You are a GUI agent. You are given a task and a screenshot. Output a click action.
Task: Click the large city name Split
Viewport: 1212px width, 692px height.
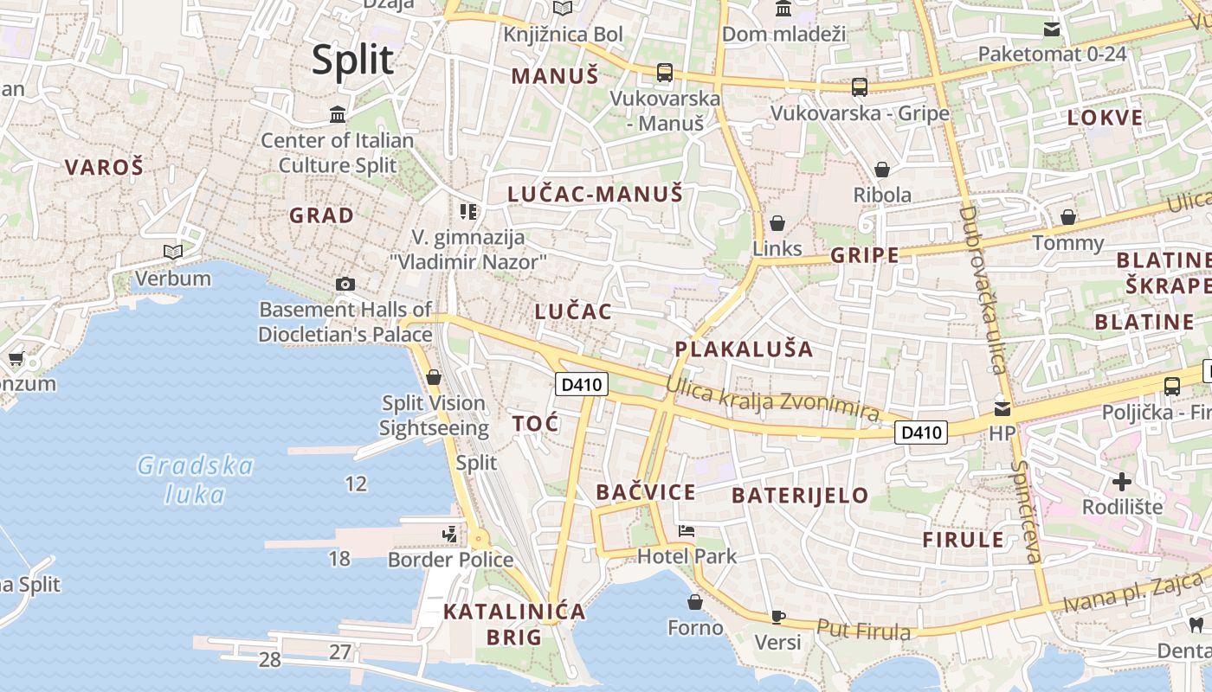352,61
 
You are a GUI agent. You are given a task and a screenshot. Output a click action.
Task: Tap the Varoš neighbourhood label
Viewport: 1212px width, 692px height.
104,168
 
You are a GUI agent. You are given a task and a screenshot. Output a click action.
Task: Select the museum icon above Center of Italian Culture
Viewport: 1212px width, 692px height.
338,114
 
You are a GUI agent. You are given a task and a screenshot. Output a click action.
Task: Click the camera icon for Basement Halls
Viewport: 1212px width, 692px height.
345,284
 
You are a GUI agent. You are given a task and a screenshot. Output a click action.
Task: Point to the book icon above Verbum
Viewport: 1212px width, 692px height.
173,252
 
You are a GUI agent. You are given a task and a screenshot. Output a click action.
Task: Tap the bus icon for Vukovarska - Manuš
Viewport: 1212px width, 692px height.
665,73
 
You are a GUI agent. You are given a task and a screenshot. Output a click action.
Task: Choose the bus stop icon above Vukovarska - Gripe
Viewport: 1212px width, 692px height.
860,86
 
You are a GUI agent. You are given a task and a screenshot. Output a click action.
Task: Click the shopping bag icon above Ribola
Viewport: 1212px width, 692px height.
882,170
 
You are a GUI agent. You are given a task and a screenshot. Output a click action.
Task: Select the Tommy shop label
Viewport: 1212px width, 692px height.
1068,243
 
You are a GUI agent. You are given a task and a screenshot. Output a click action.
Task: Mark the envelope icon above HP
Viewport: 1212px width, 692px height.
1002,408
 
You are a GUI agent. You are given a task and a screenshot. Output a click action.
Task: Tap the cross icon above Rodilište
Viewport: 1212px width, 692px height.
1122,482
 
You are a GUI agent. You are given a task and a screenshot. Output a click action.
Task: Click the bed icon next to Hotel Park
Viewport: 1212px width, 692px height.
687,531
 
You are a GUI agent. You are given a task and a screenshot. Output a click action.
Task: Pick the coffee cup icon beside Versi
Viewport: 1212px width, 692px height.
778,617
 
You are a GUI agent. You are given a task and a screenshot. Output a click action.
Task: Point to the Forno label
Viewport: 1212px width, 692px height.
695,627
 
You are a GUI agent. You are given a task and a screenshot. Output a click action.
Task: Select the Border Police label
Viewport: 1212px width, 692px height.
450,560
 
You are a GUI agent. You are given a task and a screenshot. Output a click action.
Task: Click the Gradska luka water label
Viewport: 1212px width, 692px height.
196,480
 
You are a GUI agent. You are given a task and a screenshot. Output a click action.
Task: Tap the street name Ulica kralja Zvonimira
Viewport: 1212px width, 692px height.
773,403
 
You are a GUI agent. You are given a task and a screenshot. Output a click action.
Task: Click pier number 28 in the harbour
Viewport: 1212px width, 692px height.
270,660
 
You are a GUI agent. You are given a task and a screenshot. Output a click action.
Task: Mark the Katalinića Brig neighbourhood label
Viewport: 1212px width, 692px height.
514,624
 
